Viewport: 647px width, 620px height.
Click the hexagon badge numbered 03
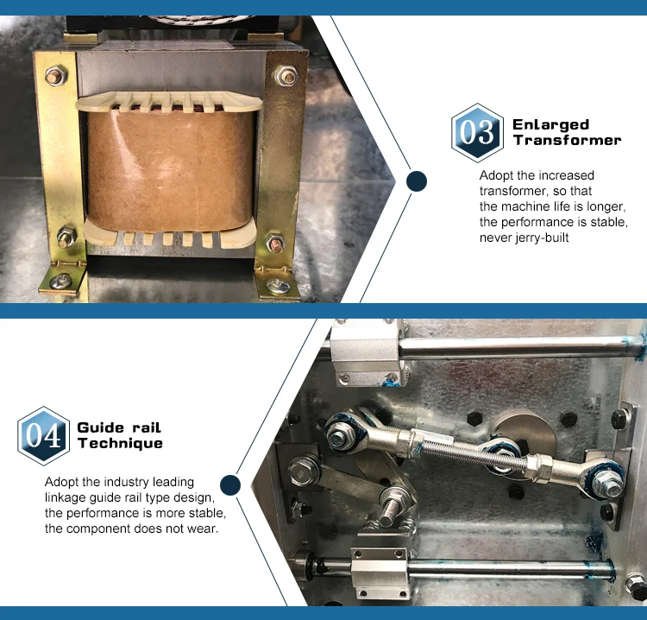[x=477, y=133]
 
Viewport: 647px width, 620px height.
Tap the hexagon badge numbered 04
[x=43, y=436]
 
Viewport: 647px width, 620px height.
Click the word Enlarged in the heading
[x=550, y=124]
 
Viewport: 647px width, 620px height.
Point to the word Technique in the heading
[x=120, y=443]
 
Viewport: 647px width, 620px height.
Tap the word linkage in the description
[x=66, y=497]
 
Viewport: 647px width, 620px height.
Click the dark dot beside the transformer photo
[x=417, y=181]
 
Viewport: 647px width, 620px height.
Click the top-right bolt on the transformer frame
[x=284, y=76]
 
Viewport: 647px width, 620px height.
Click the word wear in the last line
[x=204, y=528]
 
